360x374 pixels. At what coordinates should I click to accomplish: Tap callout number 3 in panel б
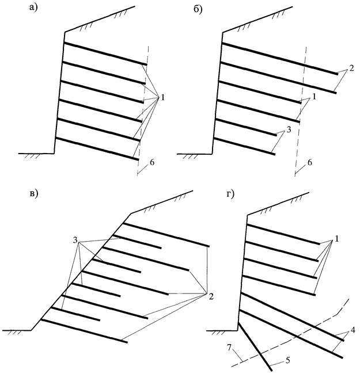[289, 131]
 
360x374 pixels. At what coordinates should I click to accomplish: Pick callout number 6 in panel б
[310, 163]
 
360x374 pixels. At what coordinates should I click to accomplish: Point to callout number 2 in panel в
[211, 297]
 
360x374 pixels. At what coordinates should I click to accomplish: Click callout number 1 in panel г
[337, 238]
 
